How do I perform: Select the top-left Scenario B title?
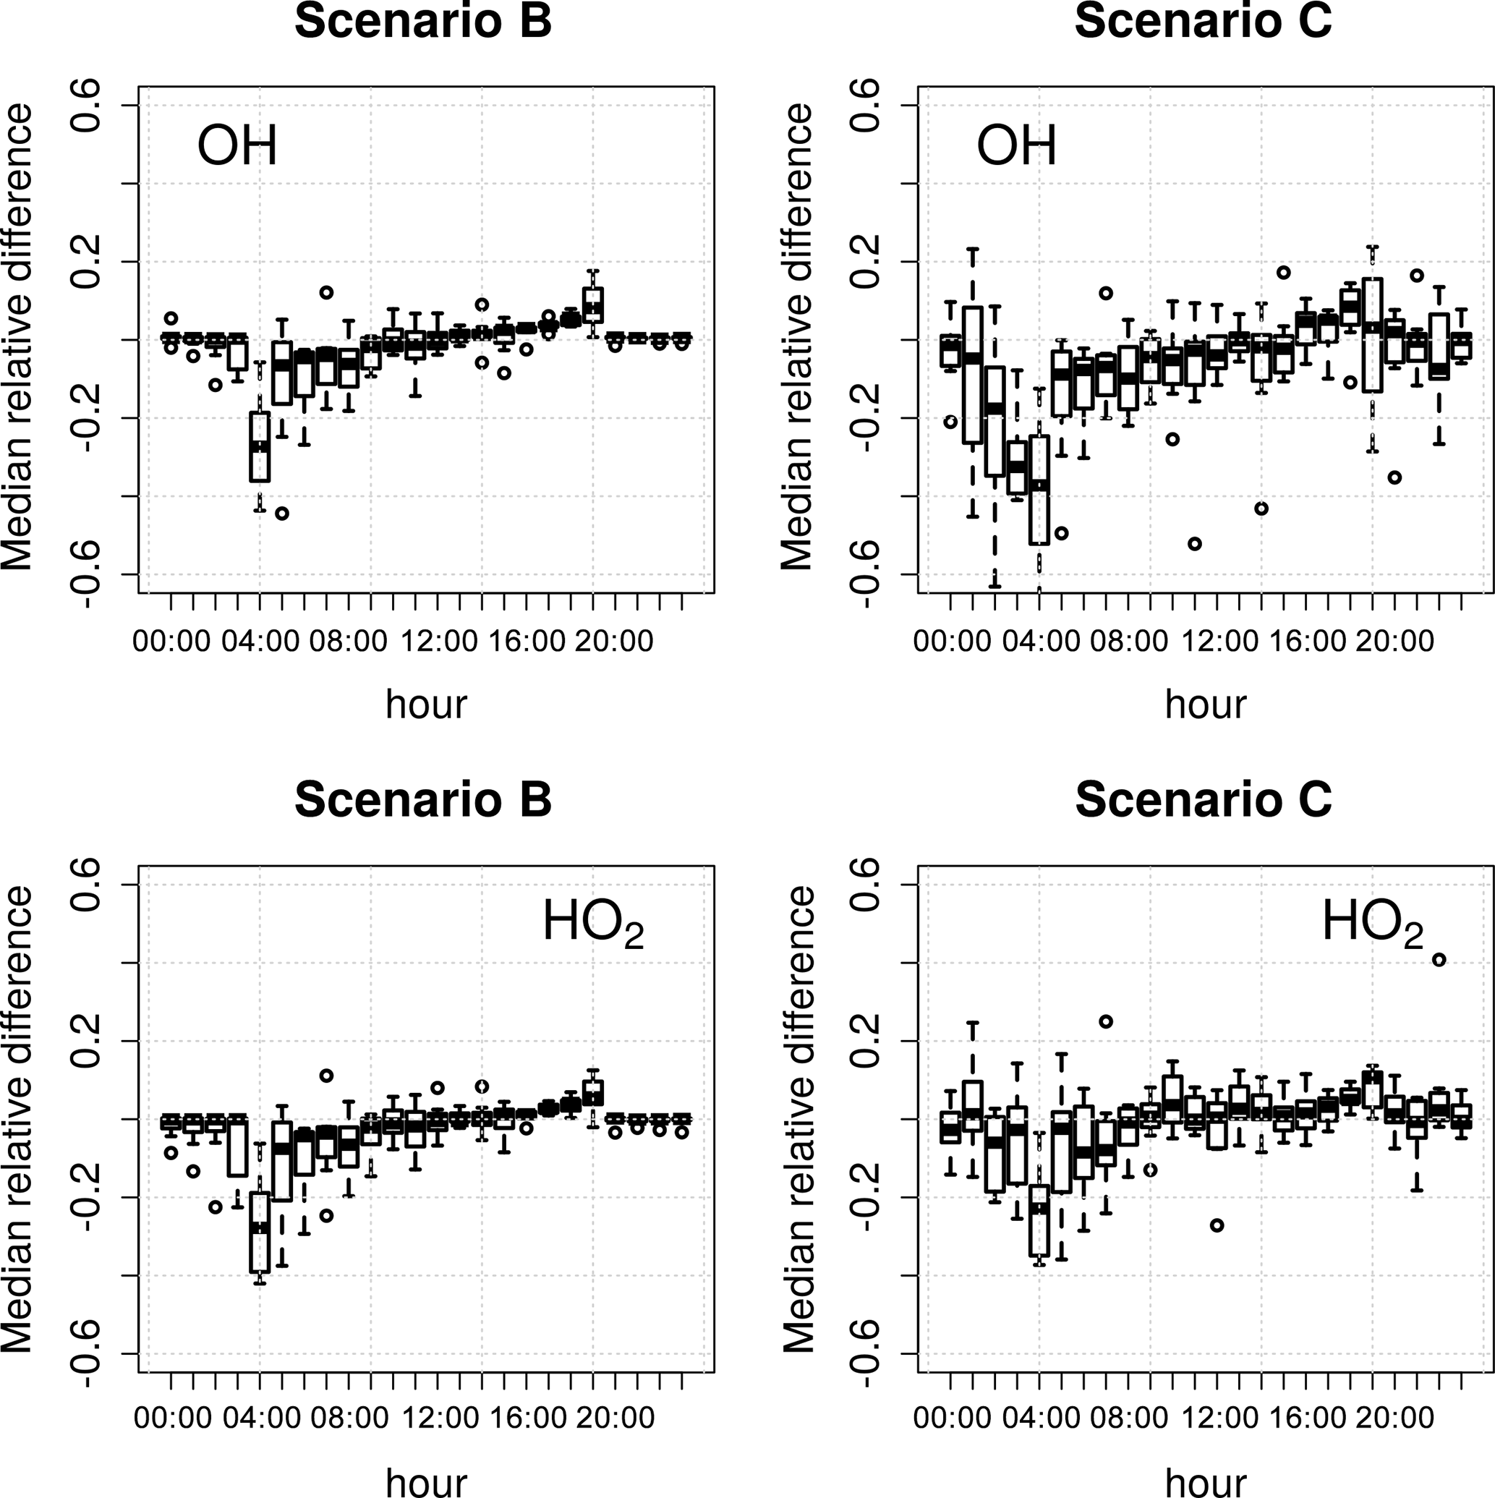(423, 21)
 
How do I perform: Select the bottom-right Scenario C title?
(1204, 799)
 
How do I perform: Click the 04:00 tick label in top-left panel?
(260, 642)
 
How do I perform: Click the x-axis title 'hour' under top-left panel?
(427, 704)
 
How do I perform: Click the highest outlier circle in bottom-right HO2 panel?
(1439, 960)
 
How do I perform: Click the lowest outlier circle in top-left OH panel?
(282, 514)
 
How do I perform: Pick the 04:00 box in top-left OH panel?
(260, 446)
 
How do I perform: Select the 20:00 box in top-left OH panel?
(593, 305)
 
